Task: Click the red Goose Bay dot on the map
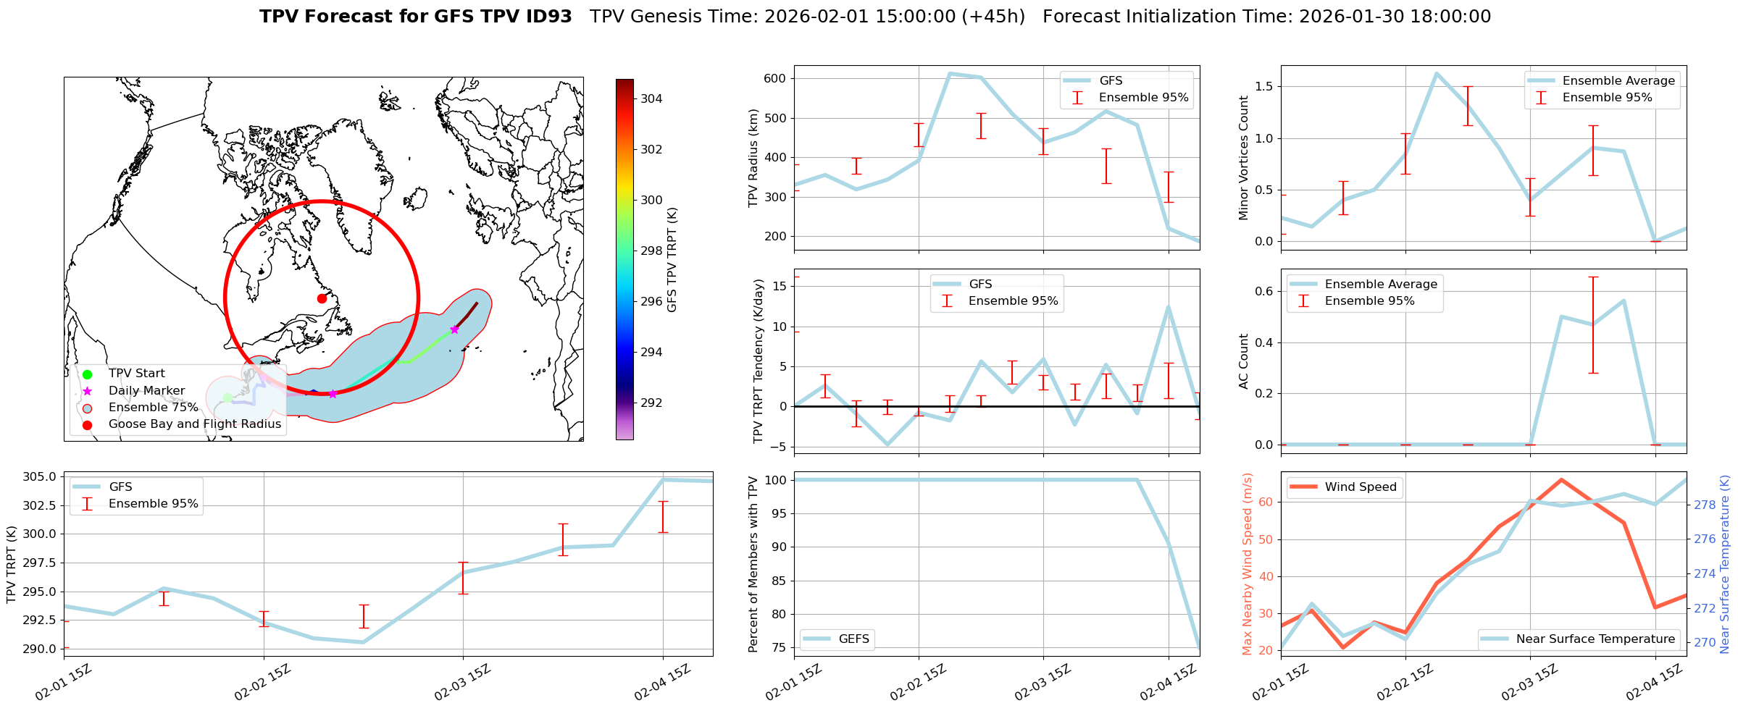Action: point(322,298)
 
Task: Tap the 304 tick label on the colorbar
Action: point(651,99)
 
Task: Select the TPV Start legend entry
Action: point(136,374)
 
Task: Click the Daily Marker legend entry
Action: point(146,391)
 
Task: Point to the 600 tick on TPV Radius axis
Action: point(774,79)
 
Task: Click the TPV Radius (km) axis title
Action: point(753,158)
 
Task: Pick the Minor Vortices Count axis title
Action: point(1244,158)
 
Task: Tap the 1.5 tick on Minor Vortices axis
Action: point(1263,87)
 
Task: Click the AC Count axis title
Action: point(1244,361)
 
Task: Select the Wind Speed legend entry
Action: point(1360,487)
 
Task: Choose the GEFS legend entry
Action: point(853,639)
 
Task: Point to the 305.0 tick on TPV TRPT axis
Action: point(39,477)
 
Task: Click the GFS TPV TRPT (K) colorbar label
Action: point(672,260)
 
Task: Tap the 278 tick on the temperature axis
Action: point(1705,505)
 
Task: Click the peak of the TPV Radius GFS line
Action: point(950,73)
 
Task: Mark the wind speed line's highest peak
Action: point(1561,479)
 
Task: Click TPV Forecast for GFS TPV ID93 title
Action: point(415,17)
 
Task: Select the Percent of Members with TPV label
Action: point(753,564)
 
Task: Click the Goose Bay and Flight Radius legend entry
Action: point(194,424)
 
